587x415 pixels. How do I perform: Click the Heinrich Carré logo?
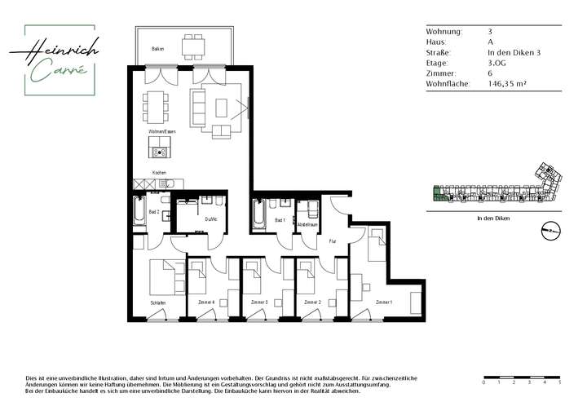[x=54, y=60]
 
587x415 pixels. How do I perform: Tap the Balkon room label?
[x=157, y=49]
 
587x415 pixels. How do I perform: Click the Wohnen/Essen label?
[x=161, y=131]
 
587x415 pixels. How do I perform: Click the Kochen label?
[x=159, y=173]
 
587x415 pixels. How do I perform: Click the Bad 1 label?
[x=279, y=220]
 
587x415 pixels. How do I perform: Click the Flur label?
[x=333, y=241]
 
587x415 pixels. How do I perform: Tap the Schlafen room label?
[x=157, y=302]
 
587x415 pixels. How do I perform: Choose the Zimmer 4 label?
[x=205, y=302]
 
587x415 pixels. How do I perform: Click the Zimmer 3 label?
[x=260, y=302]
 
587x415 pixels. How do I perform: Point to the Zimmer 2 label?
[x=313, y=302]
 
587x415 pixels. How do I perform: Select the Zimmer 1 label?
[x=383, y=302]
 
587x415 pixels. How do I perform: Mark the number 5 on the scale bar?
[x=560, y=382]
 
